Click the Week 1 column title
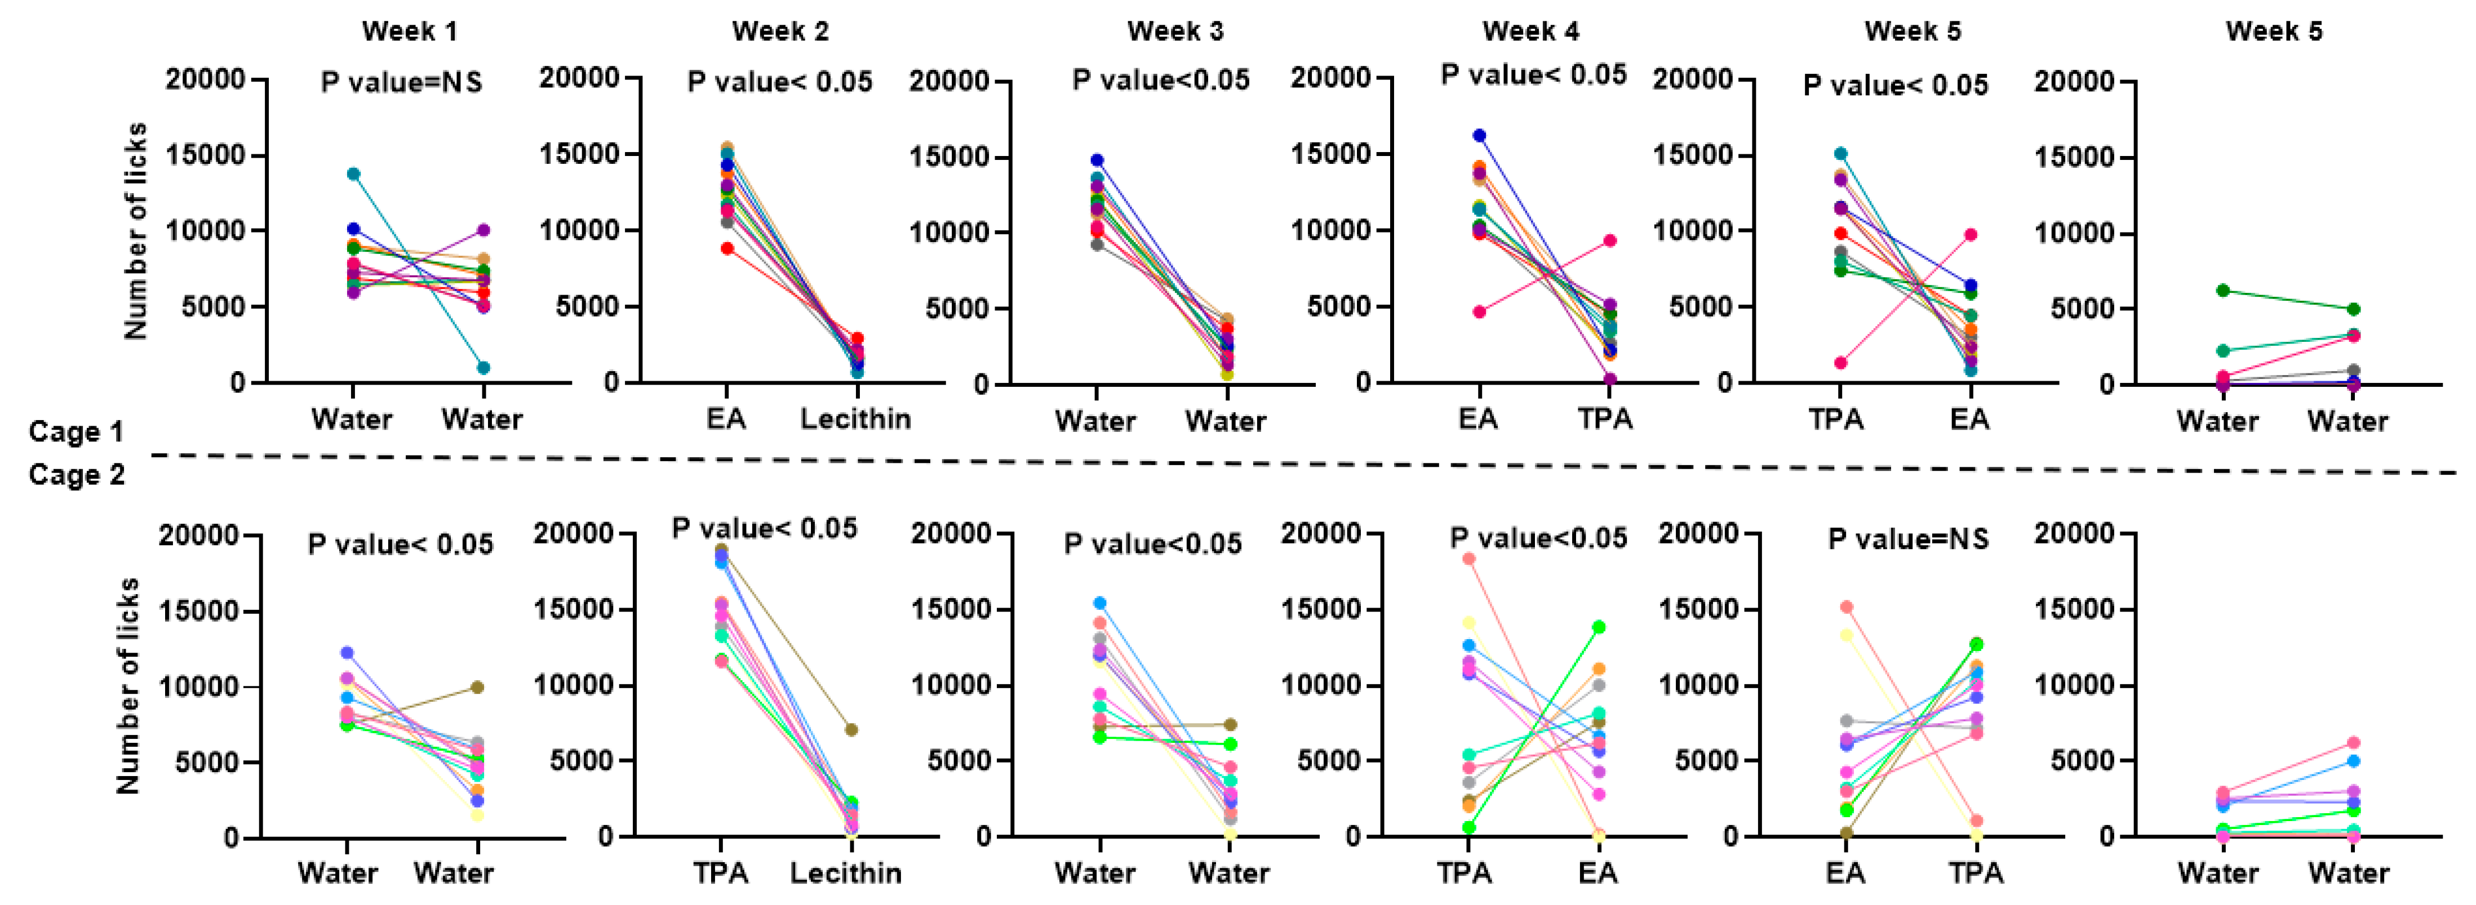point(410,31)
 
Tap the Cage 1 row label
point(76,431)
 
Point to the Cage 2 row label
point(76,475)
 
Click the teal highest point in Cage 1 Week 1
point(354,174)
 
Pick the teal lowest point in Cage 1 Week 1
point(483,368)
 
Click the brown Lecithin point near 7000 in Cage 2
point(851,730)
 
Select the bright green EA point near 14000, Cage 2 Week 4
point(1599,627)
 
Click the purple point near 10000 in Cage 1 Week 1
point(483,230)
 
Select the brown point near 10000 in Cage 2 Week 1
point(477,688)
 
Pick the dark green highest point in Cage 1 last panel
point(2222,290)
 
